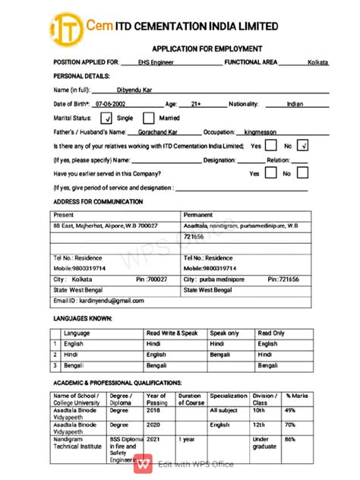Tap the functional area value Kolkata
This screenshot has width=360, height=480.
click(x=318, y=62)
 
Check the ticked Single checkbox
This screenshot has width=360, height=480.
click(x=106, y=118)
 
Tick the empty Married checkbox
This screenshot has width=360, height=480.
click(x=149, y=118)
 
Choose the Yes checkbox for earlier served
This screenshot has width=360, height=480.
click(x=271, y=173)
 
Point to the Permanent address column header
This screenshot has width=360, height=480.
click(x=198, y=215)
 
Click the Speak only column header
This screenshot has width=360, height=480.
click(x=225, y=333)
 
